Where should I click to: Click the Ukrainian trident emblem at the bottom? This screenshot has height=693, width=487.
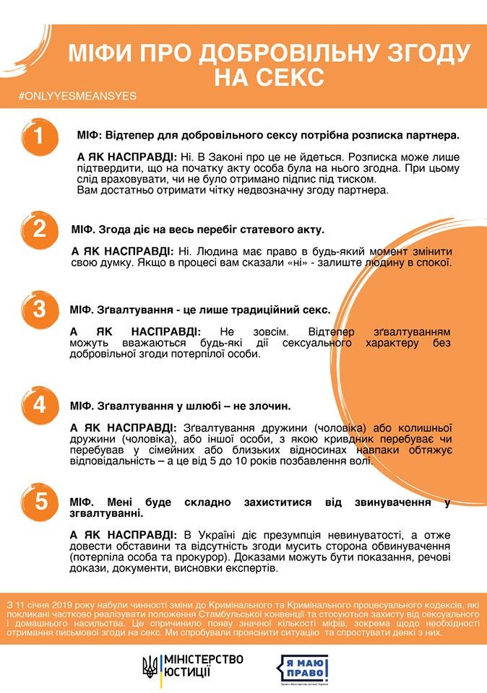[150, 666]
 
